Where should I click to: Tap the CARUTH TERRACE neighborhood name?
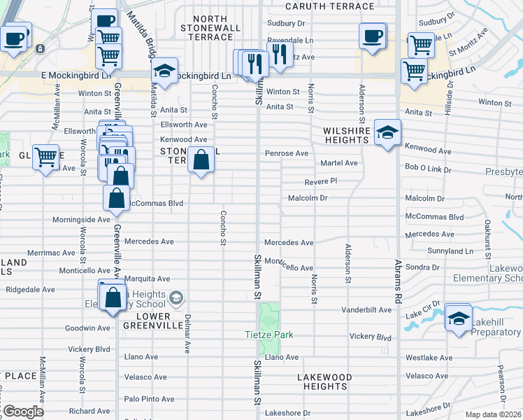click(x=331, y=6)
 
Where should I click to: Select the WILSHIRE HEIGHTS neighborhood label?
click(x=345, y=135)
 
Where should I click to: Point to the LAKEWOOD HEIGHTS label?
click(x=324, y=381)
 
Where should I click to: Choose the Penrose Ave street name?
click(x=286, y=153)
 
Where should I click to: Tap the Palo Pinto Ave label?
click(x=148, y=399)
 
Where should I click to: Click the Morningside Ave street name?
click(x=81, y=220)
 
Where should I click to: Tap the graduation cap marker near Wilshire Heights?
click(x=387, y=131)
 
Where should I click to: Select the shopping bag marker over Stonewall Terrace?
click(x=201, y=159)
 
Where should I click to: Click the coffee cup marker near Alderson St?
click(x=373, y=35)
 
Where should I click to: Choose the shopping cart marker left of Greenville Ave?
click(x=45, y=157)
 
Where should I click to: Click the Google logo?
click(x=23, y=412)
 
